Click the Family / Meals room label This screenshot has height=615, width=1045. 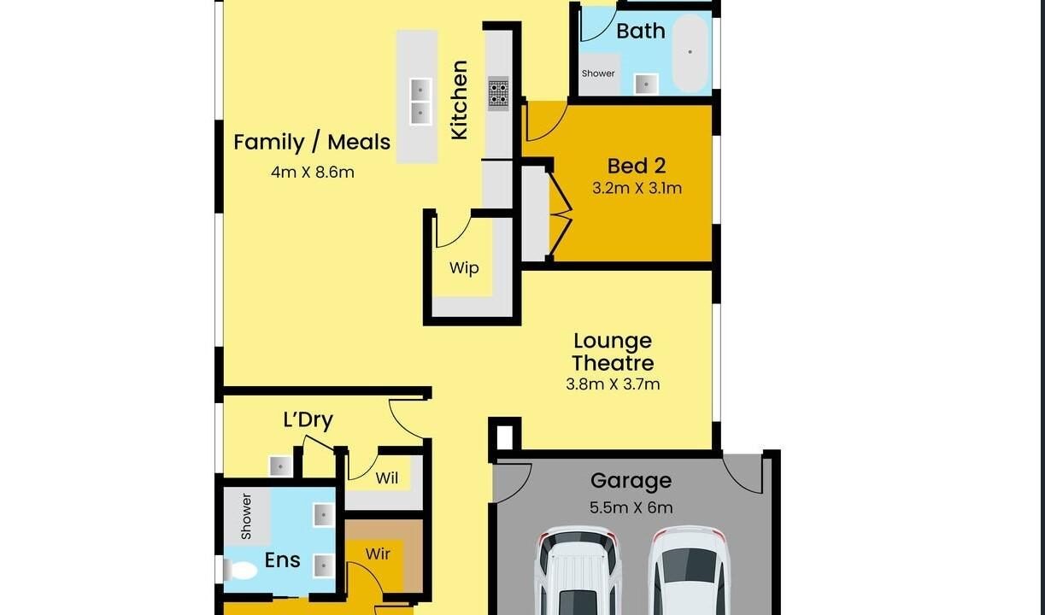point(312,142)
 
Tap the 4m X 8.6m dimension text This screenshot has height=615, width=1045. point(313,172)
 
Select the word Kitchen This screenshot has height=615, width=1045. point(459,100)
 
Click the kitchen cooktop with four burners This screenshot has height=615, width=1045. point(498,93)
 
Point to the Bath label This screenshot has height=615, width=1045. point(641,32)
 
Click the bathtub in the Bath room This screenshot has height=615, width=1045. point(690,52)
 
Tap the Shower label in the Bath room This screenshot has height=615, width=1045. point(598,73)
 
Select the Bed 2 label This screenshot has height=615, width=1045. point(637,166)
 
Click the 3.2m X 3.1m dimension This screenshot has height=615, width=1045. point(637,189)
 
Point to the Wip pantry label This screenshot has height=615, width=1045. point(464,268)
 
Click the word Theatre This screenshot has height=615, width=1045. point(613,363)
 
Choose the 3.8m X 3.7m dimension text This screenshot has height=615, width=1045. point(613,384)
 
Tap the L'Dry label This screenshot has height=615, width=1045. point(308,419)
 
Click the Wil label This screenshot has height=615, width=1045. point(387,478)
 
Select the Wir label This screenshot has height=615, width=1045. point(378,553)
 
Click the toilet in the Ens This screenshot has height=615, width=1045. point(240,571)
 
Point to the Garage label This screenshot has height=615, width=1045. point(631,481)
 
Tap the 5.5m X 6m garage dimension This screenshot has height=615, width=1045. point(631,507)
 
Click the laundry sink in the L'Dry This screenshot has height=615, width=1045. point(280,466)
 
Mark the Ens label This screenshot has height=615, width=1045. point(282,560)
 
